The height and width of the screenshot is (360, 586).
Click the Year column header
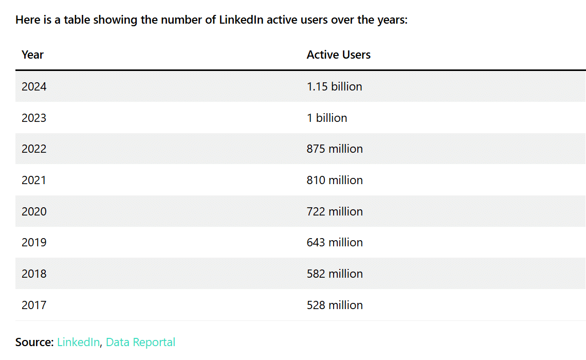pyautogui.click(x=32, y=55)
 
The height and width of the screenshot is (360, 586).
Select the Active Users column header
pyautogui.click(x=338, y=55)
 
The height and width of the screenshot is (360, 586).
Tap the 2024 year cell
pyautogui.click(x=34, y=86)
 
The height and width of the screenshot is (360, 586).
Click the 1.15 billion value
pyautogui.click(x=334, y=86)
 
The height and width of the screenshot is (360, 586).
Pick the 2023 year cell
pyautogui.click(x=34, y=118)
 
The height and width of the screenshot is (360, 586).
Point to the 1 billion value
pyautogui.click(x=327, y=118)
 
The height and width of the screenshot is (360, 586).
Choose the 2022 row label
pyautogui.click(x=34, y=149)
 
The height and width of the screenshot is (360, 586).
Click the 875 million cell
pyautogui.click(x=335, y=149)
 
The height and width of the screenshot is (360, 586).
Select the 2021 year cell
pyautogui.click(x=34, y=180)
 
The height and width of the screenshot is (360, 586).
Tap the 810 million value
pyautogui.click(x=335, y=180)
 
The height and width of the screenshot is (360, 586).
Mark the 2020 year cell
pyautogui.click(x=34, y=211)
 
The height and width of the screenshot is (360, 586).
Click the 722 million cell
pyautogui.click(x=335, y=211)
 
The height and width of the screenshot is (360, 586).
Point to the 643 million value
pyautogui.click(x=335, y=242)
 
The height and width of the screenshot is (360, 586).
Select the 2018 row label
pyautogui.click(x=34, y=274)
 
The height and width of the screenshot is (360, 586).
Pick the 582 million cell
pyautogui.click(x=335, y=274)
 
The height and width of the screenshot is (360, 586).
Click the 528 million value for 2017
pyautogui.click(x=335, y=305)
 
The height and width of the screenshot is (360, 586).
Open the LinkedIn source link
pyautogui.click(x=78, y=342)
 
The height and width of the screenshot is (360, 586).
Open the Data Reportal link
pyautogui.click(x=140, y=342)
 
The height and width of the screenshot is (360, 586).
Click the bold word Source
pyautogui.click(x=34, y=342)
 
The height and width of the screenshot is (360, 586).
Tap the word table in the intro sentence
pyautogui.click(x=79, y=20)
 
